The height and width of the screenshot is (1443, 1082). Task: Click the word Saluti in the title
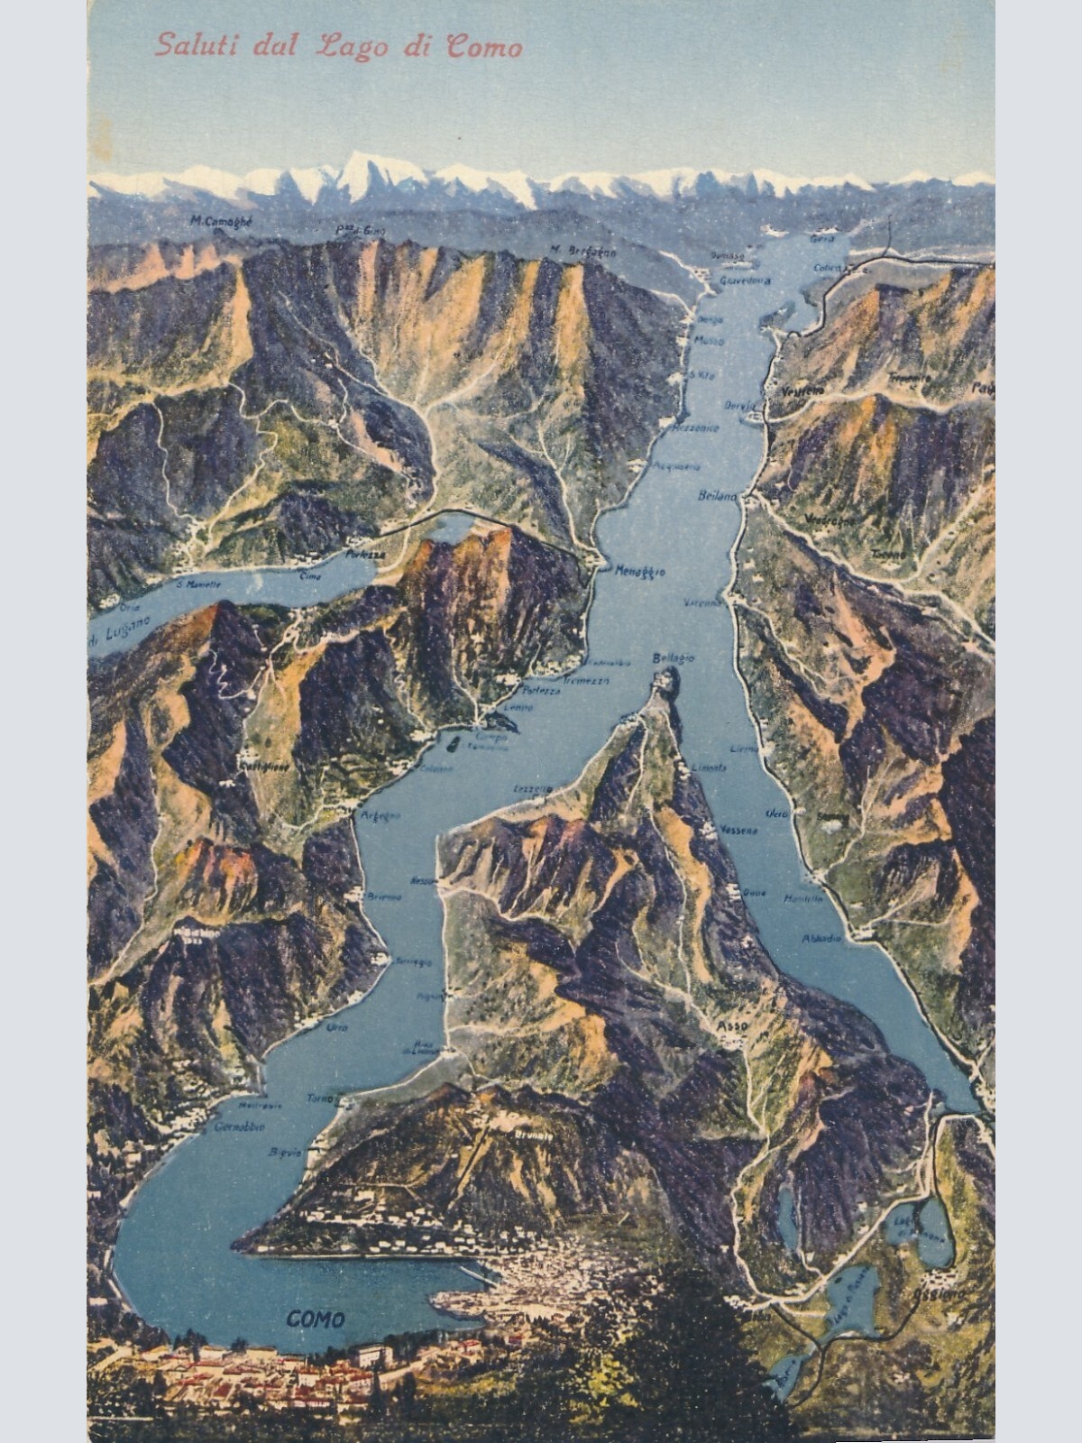(x=188, y=45)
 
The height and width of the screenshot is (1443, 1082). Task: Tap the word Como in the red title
(x=484, y=47)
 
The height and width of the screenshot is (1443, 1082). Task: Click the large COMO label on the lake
(x=316, y=1319)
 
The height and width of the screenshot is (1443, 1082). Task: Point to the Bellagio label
(x=673, y=657)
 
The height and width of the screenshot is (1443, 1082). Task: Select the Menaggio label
(x=641, y=571)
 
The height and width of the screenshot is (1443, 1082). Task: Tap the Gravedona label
(x=745, y=280)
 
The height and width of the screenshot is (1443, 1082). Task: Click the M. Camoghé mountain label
(x=222, y=220)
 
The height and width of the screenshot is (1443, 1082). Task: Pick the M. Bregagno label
(x=582, y=252)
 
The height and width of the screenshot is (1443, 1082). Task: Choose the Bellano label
(x=718, y=496)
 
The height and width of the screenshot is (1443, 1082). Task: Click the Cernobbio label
(x=240, y=1127)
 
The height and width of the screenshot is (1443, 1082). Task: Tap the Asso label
(x=729, y=1026)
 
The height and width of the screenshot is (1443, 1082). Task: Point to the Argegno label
(x=380, y=816)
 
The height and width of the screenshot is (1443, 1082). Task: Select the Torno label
(x=319, y=1098)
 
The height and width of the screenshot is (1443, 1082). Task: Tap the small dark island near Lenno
(x=453, y=743)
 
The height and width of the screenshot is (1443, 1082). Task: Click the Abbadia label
(x=821, y=939)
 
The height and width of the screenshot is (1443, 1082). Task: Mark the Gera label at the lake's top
(x=821, y=239)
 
